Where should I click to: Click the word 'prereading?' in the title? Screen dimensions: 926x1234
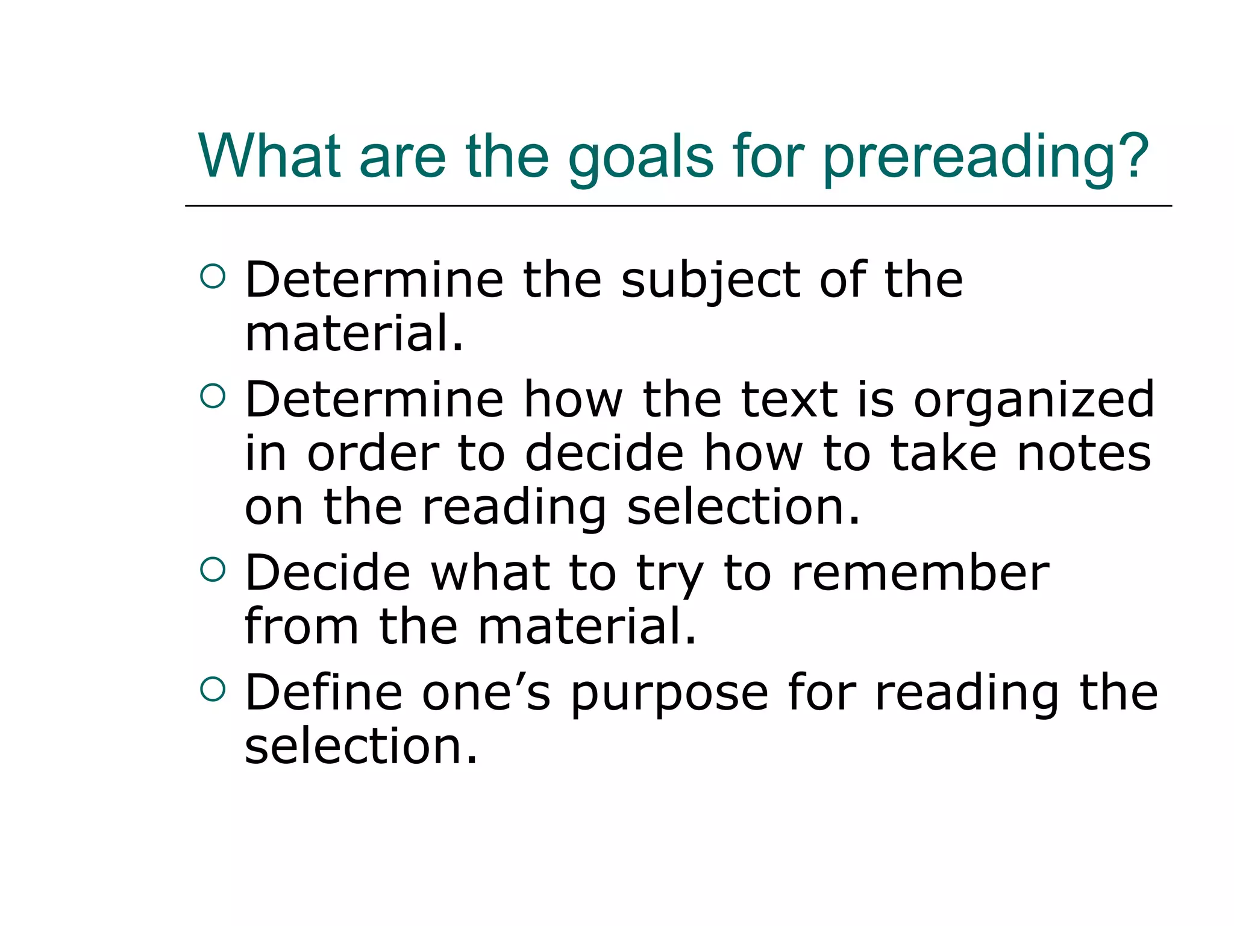coord(986,158)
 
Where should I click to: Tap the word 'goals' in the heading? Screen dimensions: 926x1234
coord(640,158)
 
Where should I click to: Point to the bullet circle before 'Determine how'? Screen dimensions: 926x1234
coord(213,396)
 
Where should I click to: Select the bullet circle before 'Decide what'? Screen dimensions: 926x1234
coord(213,569)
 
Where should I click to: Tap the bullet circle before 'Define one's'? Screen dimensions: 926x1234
coord(213,689)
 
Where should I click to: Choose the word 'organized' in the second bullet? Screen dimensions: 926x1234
coord(1034,400)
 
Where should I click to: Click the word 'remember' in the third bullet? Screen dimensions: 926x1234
coord(920,573)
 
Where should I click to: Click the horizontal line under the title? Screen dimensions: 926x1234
coord(678,206)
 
